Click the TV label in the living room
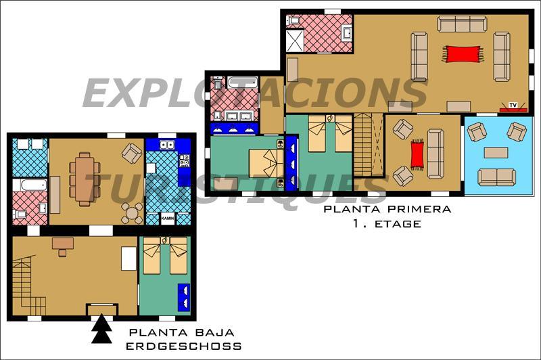tap(513, 105)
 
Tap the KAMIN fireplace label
tap(168, 219)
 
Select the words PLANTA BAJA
tap(181, 333)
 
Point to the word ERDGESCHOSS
tap(183, 346)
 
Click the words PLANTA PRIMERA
tap(387, 209)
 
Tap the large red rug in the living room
tap(463, 54)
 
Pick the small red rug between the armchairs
tap(417, 155)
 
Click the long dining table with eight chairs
tap(85, 179)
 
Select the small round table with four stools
tap(132, 214)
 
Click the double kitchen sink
tap(167, 145)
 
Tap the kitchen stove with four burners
tap(185, 160)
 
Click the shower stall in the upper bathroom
tap(295, 41)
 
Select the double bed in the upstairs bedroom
tap(266, 163)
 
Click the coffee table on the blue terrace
tap(496, 152)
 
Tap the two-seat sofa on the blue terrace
tap(497, 177)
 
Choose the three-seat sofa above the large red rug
tap(463, 24)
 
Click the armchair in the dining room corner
tap(132, 153)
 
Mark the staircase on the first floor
tap(369, 145)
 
